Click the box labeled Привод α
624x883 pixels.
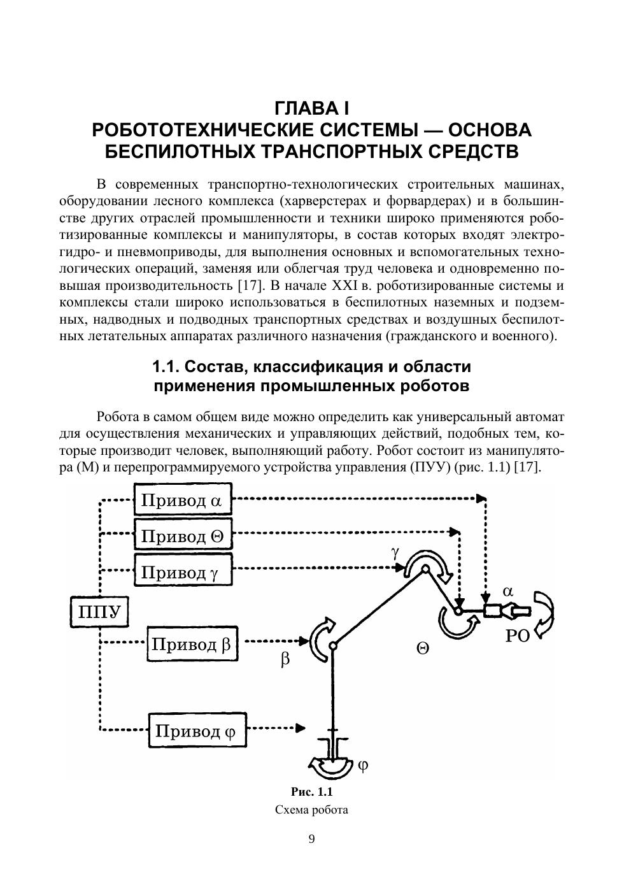point(183,499)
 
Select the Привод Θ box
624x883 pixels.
point(183,535)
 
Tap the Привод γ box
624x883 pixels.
point(183,571)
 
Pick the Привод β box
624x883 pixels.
point(192,645)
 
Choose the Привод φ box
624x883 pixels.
point(197,730)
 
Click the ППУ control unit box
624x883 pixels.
point(99,613)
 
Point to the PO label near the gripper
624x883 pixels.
point(517,637)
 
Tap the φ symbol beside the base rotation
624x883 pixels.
point(362,765)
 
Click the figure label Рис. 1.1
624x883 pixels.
point(312,792)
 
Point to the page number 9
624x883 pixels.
point(311,838)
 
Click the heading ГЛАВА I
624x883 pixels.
point(311,106)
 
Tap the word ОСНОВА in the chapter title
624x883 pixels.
point(490,130)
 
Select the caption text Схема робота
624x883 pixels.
point(311,810)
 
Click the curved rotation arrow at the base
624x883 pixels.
point(329,766)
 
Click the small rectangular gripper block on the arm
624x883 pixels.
point(493,611)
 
